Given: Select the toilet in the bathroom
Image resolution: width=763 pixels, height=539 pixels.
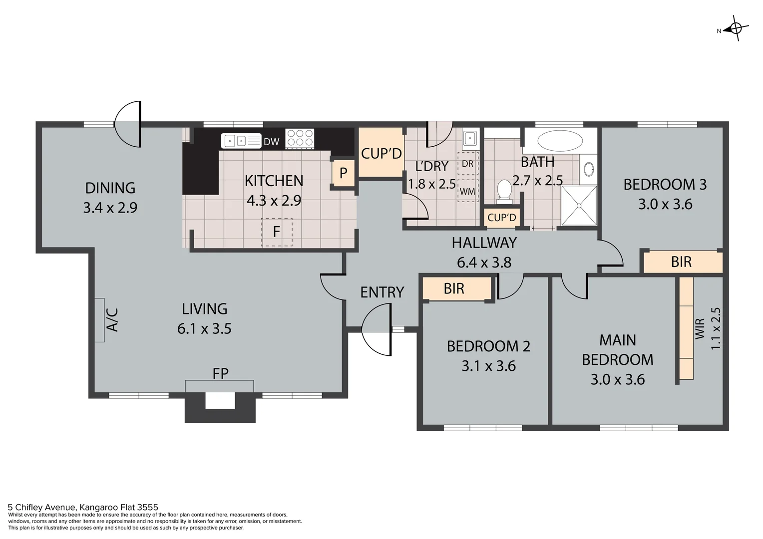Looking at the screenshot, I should [504, 191].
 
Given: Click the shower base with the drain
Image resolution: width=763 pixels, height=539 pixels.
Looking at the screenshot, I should [579, 206].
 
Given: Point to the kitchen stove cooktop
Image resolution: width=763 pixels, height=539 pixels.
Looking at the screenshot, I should [300, 138].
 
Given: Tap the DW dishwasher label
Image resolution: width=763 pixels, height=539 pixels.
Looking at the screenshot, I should [271, 142].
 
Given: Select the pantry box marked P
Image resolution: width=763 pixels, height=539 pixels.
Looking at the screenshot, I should [343, 173].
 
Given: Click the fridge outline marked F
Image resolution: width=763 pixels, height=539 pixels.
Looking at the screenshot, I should [276, 232].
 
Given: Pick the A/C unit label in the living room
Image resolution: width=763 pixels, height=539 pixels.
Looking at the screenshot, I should [112, 319].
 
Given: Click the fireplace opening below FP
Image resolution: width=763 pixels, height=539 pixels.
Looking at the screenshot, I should [220, 401].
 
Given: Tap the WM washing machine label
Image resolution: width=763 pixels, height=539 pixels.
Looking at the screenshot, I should [467, 192].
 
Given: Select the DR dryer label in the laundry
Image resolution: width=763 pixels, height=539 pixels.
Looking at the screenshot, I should [467, 164].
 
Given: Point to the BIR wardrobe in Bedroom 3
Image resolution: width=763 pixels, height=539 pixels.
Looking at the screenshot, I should [682, 262].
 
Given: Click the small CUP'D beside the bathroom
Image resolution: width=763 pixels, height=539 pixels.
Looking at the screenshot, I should [502, 218].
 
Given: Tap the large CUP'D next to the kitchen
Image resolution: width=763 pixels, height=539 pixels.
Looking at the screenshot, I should [381, 153].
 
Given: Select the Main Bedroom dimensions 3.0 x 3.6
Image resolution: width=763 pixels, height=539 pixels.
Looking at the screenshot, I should [618, 379].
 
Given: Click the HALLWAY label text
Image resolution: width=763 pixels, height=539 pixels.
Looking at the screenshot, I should [484, 243].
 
